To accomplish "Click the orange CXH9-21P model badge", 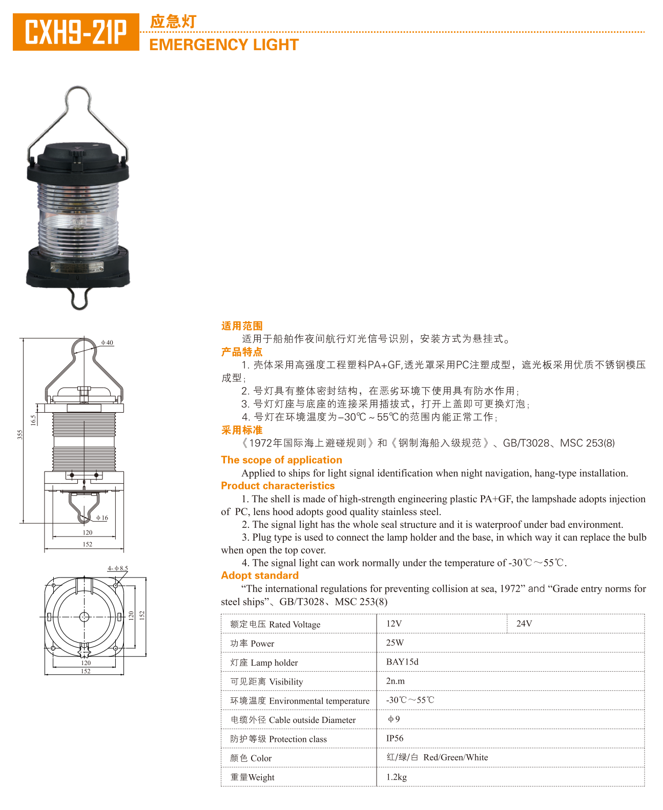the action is click(76, 32).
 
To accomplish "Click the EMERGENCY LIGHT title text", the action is click(224, 45).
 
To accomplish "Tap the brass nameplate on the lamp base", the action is click(77, 266).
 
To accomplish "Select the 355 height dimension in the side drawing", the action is click(20, 434).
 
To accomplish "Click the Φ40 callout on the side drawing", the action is click(107, 342).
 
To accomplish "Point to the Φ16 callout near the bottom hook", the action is click(102, 518).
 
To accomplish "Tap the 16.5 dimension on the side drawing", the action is click(33, 420).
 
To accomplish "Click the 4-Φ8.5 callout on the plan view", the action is click(118, 568).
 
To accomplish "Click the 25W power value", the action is click(395, 643).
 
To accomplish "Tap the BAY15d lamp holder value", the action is click(402, 662).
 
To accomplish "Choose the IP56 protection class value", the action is click(395, 738).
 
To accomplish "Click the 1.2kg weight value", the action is click(396, 777).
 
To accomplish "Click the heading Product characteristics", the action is click(278, 486).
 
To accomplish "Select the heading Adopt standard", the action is click(260, 575).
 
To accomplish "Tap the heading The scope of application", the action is click(281, 460).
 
